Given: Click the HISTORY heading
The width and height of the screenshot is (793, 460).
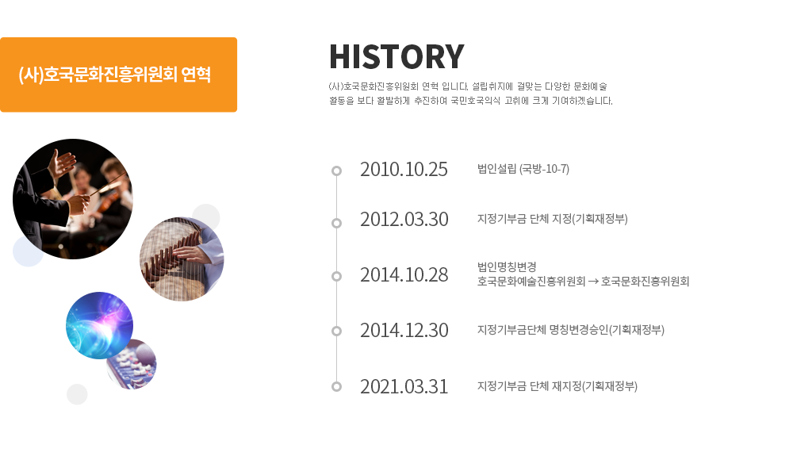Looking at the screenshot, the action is click(x=396, y=56).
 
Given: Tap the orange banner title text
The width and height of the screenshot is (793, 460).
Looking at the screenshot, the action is click(x=114, y=75).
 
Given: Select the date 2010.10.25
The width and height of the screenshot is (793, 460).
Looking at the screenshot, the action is click(x=404, y=170).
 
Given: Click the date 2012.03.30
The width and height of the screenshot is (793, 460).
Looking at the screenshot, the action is click(x=404, y=220).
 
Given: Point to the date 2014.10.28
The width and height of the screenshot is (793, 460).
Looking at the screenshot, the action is click(x=404, y=275).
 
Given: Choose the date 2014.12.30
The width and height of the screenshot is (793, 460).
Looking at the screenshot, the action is click(x=404, y=331).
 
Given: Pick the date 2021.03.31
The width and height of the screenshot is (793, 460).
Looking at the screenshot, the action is click(x=404, y=387).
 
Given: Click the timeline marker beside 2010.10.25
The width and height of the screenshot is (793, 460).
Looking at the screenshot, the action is click(x=336, y=171).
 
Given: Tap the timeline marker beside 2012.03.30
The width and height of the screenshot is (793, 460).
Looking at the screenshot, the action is click(x=336, y=223).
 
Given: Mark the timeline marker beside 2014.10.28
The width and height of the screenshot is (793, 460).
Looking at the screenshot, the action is click(x=336, y=276).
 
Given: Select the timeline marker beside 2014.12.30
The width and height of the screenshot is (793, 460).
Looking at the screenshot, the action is click(x=336, y=331).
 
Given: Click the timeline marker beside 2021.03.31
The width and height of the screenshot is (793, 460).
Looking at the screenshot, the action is click(x=336, y=386).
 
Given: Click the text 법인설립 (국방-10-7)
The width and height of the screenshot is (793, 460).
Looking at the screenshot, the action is click(x=523, y=169).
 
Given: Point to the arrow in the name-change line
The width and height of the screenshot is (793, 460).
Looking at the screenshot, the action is click(x=592, y=282).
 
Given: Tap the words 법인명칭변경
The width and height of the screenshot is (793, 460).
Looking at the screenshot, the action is click(x=507, y=266).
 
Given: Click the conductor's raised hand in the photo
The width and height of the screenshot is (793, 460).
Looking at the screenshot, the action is click(x=62, y=163).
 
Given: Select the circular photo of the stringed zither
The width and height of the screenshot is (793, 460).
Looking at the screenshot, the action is click(x=182, y=259).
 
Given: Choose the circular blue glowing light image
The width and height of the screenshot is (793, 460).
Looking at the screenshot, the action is click(x=100, y=325).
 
